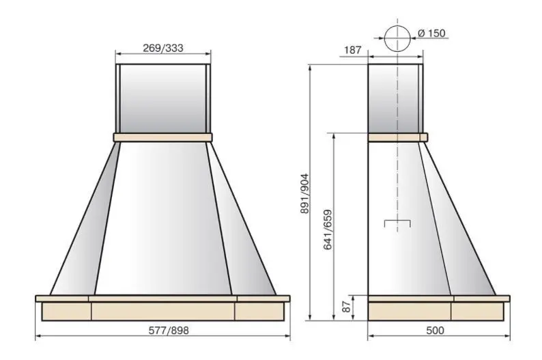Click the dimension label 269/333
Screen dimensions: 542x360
[163, 48]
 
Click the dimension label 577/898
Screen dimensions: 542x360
[169, 331]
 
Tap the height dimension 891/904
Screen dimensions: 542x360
[304, 193]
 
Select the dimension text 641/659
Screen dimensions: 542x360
[328, 230]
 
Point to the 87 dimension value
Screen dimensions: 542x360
[347, 307]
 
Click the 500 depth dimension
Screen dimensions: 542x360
[435, 331]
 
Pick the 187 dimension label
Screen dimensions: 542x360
[353, 50]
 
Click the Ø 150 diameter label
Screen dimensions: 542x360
[431, 33]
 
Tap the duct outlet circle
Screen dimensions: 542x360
[397, 25]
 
